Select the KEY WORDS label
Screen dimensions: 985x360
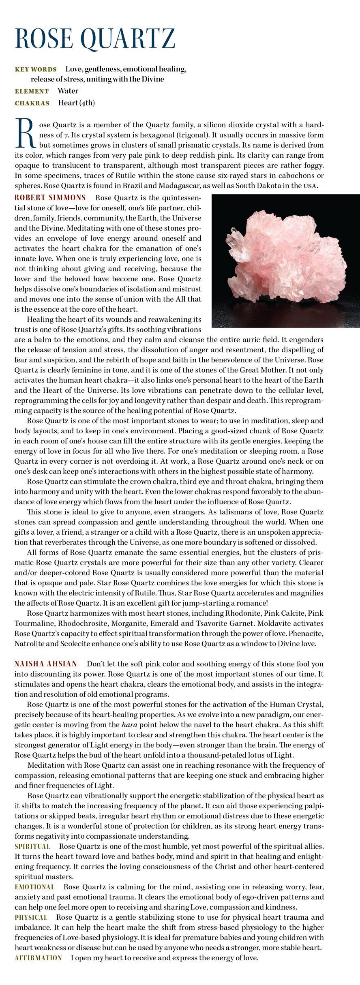36,69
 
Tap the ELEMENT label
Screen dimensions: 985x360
32,91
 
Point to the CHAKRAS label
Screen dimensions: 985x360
32,103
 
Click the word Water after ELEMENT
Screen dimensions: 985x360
68,91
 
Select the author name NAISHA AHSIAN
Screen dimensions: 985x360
46,664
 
